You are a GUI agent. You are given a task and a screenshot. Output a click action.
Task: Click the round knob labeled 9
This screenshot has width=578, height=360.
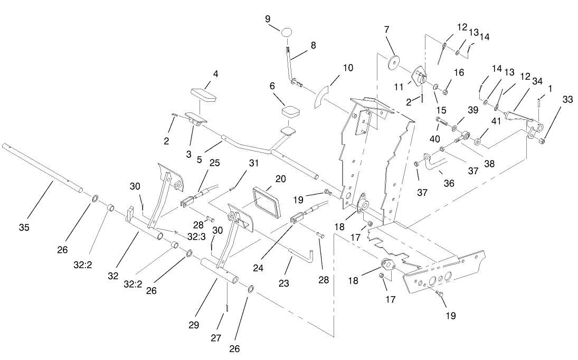click(x=287, y=32)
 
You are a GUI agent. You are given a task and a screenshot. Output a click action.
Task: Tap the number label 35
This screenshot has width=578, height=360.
click(x=24, y=228)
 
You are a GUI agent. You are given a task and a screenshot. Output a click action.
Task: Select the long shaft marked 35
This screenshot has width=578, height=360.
click(x=42, y=166)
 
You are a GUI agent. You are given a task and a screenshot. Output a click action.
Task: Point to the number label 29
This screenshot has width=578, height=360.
click(x=194, y=325)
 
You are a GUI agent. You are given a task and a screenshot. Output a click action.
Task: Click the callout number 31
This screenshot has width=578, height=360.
click(x=254, y=163)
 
